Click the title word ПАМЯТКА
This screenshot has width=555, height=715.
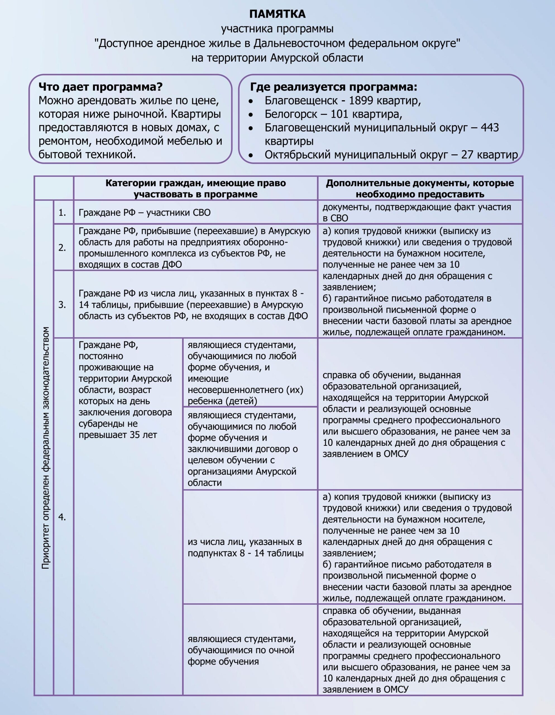pos(277,14)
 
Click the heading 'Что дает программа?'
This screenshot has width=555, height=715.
pos(101,87)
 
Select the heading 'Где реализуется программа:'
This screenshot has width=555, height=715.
pos(333,87)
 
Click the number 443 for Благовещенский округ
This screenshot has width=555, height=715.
pos(490,127)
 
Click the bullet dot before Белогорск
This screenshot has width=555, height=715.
pos(251,115)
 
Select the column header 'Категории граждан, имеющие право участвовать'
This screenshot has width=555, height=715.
pos(195,188)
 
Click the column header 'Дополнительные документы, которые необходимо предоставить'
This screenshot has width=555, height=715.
pos(420,188)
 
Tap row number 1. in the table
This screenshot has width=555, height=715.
pos(62,213)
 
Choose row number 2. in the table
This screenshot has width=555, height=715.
pos(62,247)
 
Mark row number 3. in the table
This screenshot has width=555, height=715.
pos(62,305)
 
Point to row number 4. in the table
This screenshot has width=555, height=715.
pos(62,517)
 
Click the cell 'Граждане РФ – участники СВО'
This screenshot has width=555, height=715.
pos(144,213)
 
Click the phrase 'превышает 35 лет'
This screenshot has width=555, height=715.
pos(118,435)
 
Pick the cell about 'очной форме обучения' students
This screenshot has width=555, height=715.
pos(241,650)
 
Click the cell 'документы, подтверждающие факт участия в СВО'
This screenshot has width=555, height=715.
pos(416,213)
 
